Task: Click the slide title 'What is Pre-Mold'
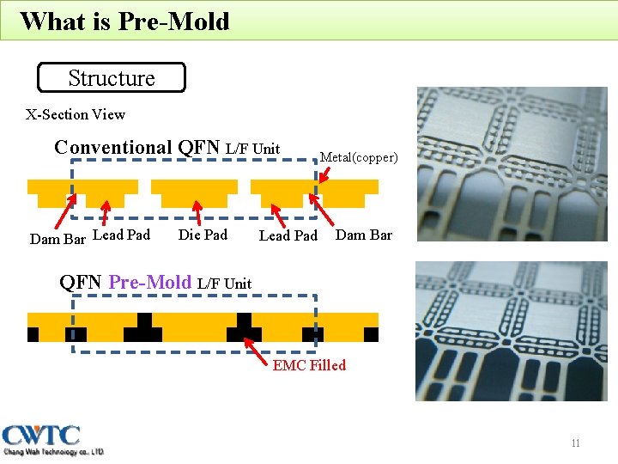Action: tap(124, 21)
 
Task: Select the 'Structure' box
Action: tap(112, 78)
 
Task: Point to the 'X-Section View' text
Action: tap(76, 114)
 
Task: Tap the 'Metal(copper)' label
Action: tap(359, 157)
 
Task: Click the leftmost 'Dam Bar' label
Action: tap(58, 239)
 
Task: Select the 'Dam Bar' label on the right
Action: tap(363, 235)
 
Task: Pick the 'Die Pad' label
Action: tap(203, 235)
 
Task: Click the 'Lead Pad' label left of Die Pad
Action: tap(121, 235)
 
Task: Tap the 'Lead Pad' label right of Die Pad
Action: tap(288, 235)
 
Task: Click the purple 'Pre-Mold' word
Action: tap(150, 282)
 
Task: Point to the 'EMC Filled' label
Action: tap(309, 365)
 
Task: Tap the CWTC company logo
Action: tap(53, 439)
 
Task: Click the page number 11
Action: tap(575, 443)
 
